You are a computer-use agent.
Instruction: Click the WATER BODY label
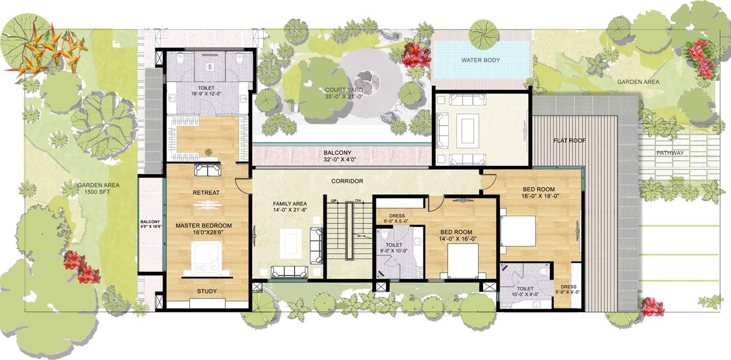point(480,60)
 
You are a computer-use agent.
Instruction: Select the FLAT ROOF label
point(570,141)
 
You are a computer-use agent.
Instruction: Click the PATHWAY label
point(670,153)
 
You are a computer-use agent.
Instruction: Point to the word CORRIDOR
point(347,181)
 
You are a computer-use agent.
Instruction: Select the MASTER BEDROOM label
point(204,225)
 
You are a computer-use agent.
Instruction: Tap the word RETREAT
point(206,193)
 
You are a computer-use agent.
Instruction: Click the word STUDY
point(207,291)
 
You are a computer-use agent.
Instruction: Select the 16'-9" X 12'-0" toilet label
point(206,94)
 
